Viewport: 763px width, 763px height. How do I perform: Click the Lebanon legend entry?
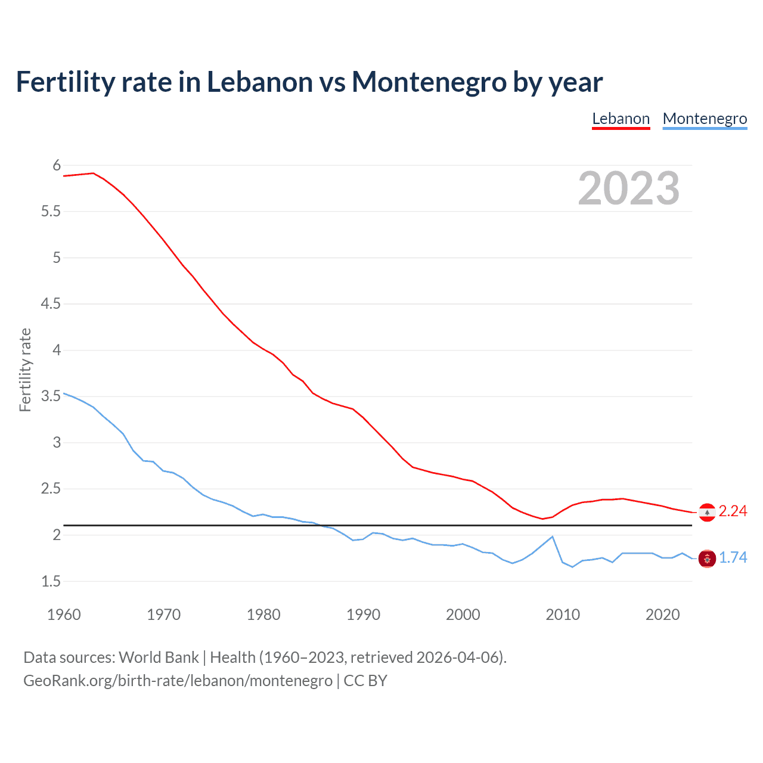(621, 119)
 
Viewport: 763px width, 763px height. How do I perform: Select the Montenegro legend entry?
(705, 119)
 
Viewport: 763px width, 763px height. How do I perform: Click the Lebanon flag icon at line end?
(707, 512)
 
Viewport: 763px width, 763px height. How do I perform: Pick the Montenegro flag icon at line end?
(707, 559)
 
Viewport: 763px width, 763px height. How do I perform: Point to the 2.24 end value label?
(733, 511)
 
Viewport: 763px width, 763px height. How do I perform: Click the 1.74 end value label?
(733, 558)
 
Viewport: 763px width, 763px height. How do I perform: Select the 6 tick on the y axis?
(57, 166)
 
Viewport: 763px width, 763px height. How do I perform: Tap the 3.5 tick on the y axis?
(51, 396)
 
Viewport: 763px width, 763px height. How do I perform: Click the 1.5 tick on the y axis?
(51, 581)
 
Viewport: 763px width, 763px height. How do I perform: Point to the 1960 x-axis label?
(64, 615)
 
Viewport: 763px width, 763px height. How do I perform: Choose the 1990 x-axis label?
(363, 615)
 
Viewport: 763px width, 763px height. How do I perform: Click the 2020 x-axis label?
(662, 615)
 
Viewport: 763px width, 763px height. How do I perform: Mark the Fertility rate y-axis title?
(25, 370)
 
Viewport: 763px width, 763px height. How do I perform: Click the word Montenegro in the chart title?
(429, 82)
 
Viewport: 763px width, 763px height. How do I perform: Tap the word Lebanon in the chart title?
(259, 82)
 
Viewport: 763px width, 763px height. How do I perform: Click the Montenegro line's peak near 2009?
(553, 536)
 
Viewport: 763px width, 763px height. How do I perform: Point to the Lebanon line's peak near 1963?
(94, 173)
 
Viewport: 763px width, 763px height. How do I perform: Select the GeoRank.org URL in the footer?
(178, 681)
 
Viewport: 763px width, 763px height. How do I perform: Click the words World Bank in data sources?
(159, 657)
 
